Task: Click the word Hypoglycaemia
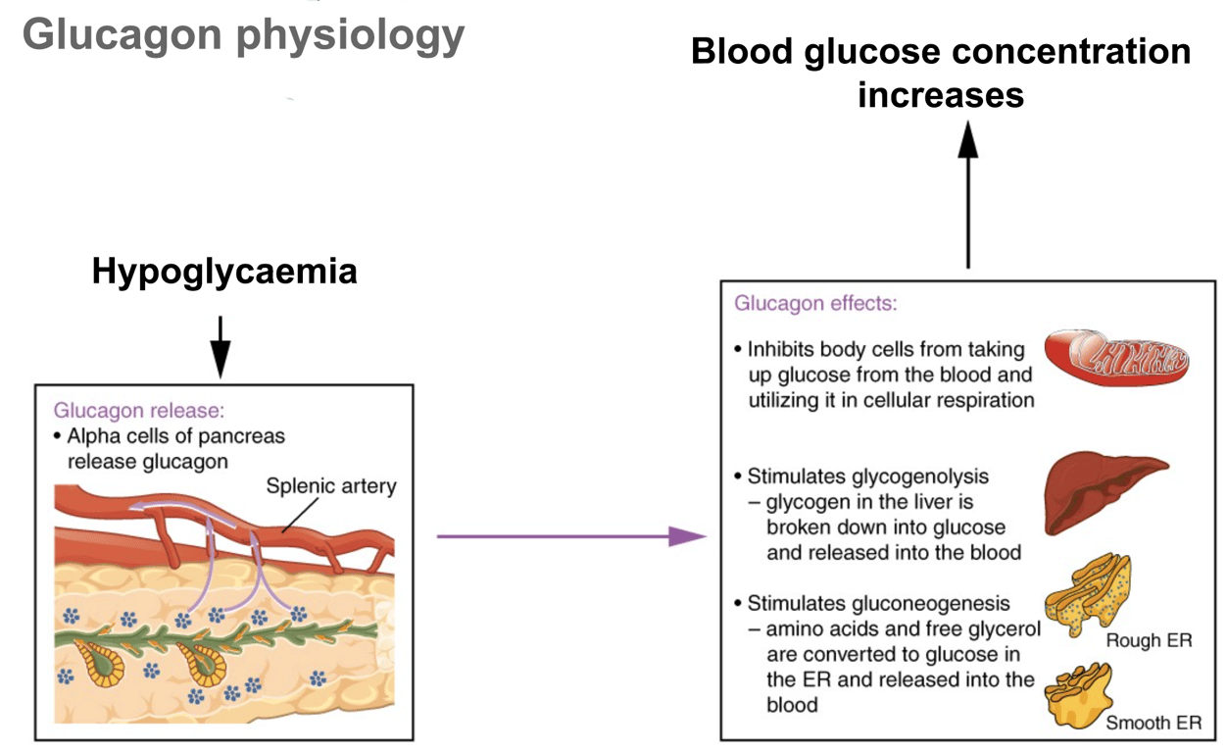[x=224, y=272]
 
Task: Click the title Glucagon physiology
[x=243, y=36]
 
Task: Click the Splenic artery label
[x=331, y=486]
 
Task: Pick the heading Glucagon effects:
[x=815, y=303]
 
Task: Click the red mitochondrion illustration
[x=1116, y=358]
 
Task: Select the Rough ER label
[x=1149, y=641]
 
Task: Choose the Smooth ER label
[x=1153, y=724]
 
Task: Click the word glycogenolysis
[x=919, y=477]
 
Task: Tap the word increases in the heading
[x=940, y=95]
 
